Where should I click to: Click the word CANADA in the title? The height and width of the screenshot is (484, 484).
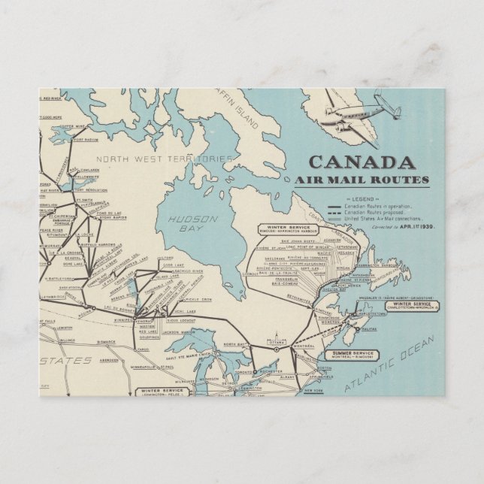pyautogui.click(x=361, y=162)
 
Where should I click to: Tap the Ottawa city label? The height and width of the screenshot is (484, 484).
pyautogui.click(x=274, y=339)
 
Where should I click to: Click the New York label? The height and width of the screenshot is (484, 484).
pyautogui.click(x=314, y=391)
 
